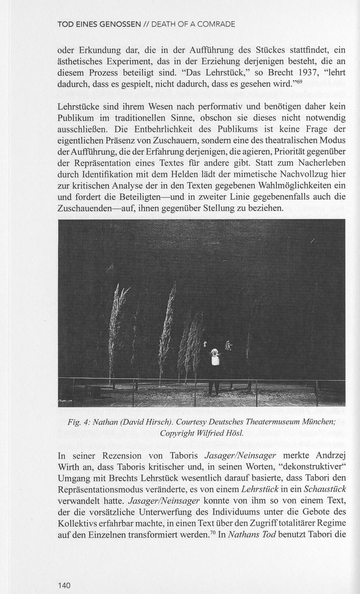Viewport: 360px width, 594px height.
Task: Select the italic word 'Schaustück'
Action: pyautogui.click(x=325, y=489)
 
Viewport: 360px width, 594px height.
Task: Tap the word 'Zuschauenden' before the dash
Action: pyautogui.click(x=83, y=209)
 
